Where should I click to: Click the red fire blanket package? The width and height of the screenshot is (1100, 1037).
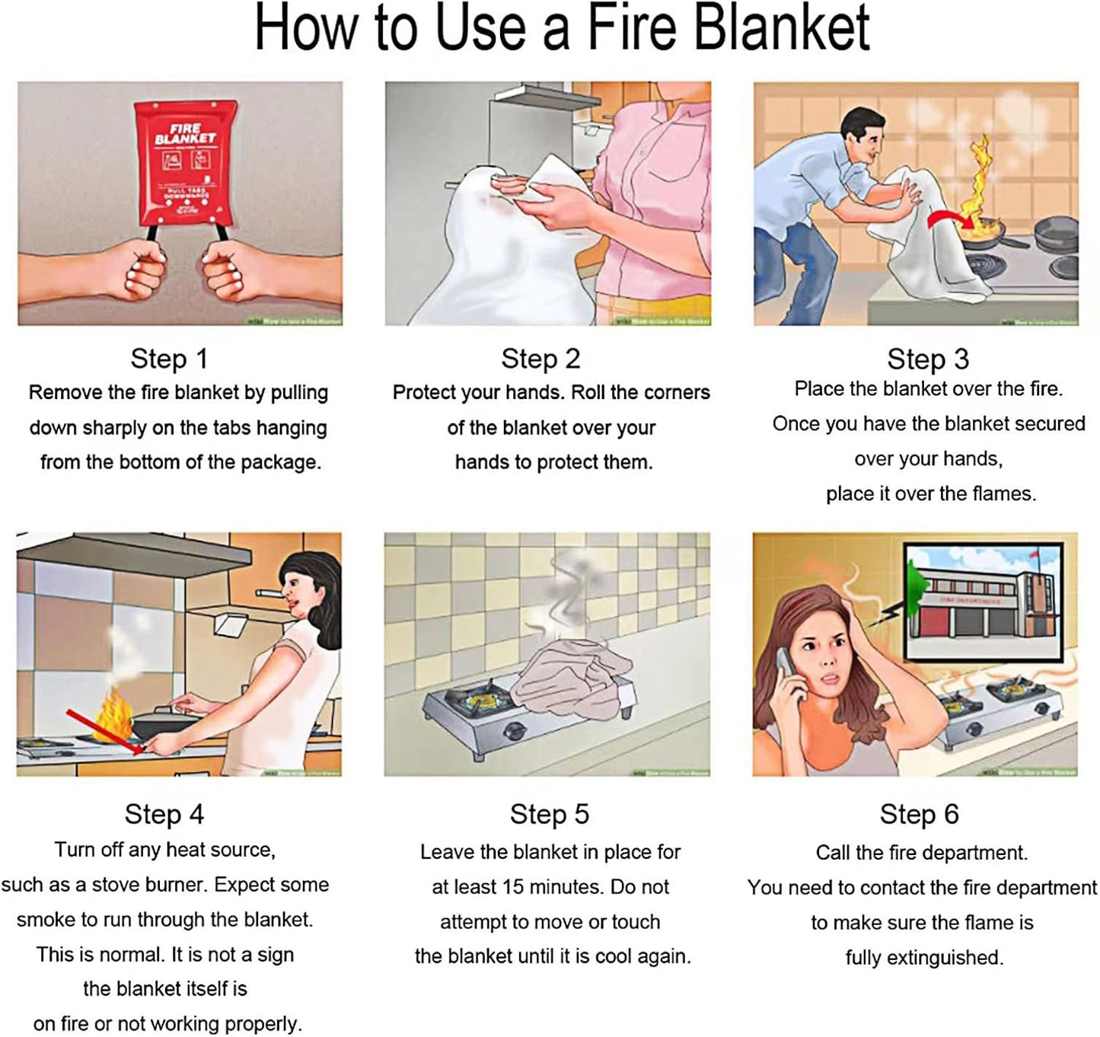[185, 163]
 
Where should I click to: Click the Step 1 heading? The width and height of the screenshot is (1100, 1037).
[168, 359]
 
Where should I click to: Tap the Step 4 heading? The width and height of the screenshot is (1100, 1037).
[164, 814]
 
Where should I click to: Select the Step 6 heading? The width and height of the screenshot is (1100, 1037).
[919, 814]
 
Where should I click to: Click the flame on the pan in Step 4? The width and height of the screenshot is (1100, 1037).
[114, 713]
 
